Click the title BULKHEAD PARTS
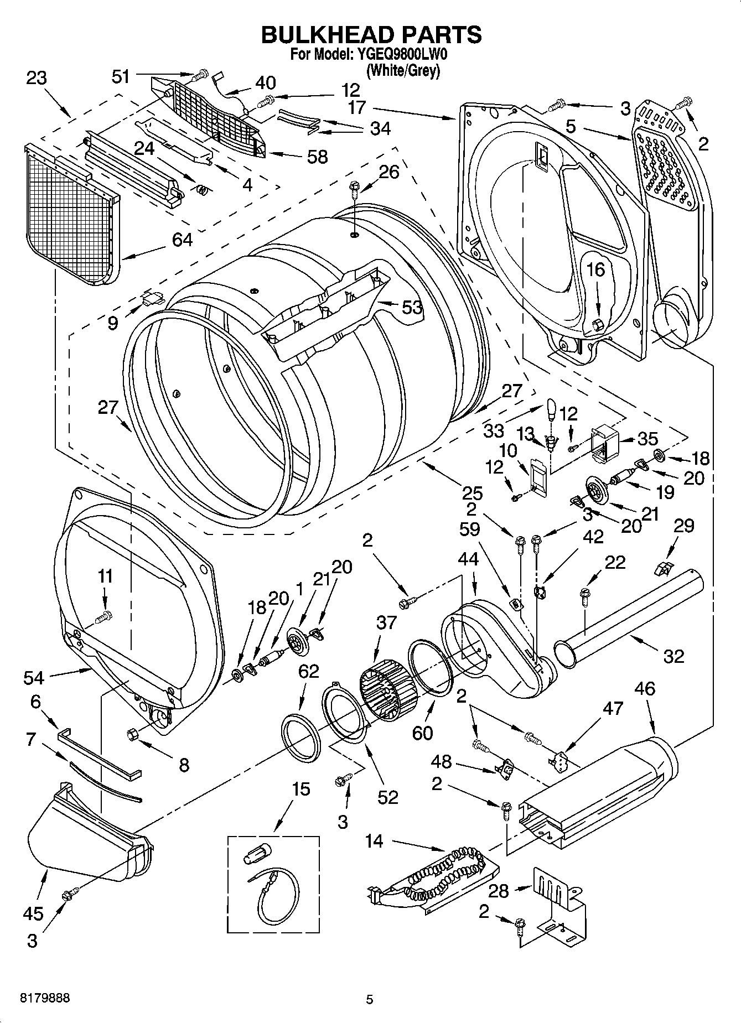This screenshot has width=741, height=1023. pos(371,34)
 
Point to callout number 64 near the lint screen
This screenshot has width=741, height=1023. pos(182,240)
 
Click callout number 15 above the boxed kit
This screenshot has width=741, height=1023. pos(301,788)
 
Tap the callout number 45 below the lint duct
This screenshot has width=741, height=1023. pos(33,912)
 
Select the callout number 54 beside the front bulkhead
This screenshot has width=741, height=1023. pos(34,676)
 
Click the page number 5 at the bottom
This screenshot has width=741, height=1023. pos(370,999)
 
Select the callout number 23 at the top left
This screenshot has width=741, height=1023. pos(37,78)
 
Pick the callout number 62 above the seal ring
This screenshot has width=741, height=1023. pos(308,671)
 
